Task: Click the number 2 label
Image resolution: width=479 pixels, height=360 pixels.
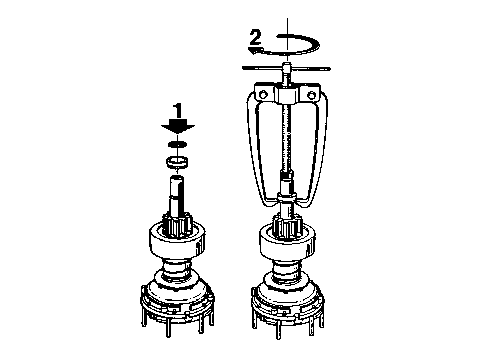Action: [256, 37]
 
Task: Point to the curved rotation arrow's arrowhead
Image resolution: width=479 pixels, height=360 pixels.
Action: [254, 50]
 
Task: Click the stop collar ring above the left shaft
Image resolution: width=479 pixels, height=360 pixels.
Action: [177, 162]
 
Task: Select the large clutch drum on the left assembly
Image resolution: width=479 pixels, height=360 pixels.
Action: [177, 242]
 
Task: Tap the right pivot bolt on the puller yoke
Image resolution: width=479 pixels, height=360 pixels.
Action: [311, 95]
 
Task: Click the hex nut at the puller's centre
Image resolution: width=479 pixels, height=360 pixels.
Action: [287, 96]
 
